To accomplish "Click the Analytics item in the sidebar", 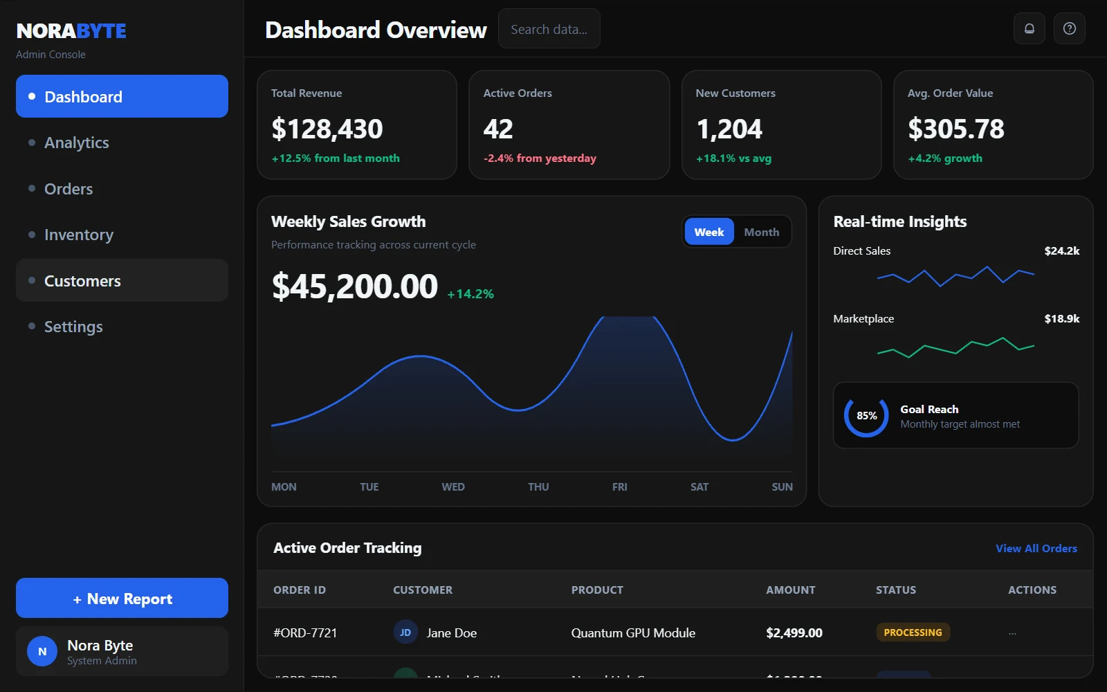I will pyautogui.click(x=77, y=143).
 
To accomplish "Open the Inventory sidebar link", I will pyautogui.click(x=79, y=235).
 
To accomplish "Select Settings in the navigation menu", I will pyautogui.click(x=73, y=327).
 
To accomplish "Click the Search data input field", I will pyautogui.click(x=549, y=29).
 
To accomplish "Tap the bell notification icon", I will pyautogui.click(x=1030, y=29).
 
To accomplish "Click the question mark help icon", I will pyautogui.click(x=1070, y=29).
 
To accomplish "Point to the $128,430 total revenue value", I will pyautogui.click(x=327, y=129).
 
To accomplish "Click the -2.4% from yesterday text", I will pyautogui.click(x=540, y=158).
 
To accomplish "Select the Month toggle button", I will pyautogui.click(x=761, y=233).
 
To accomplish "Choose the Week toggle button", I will pyautogui.click(x=708, y=233).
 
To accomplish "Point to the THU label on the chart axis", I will pyautogui.click(x=538, y=487).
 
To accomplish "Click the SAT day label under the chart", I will pyautogui.click(x=699, y=487).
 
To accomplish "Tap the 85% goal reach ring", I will pyautogui.click(x=866, y=416).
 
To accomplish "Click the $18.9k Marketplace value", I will pyautogui.click(x=1061, y=319).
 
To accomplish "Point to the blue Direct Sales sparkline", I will pyautogui.click(x=955, y=276).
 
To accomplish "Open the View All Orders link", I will pyautogui.click(x=1036, y=549).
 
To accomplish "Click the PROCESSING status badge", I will pyautogui.click(x=913, y=632).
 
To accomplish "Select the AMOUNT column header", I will pyautogui.click(x=790, y=590).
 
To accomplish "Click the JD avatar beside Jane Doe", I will pyautogui.click(x=405, y=632).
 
